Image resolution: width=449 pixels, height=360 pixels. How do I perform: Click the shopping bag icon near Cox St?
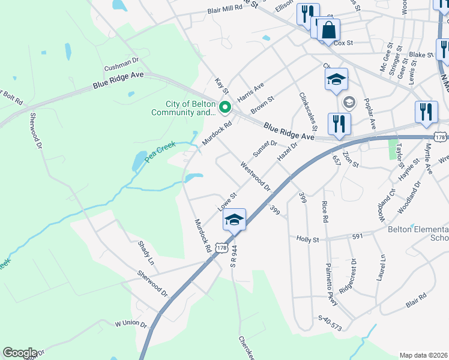pyautogui.click(x=328, y=30)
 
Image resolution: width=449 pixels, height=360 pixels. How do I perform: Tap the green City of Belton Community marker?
pyautogui.click(x=226, y=108)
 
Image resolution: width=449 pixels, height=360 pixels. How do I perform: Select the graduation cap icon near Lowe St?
pyautogui.click(x=235, y=220)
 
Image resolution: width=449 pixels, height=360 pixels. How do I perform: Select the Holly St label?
pyautogui.click(x=307, y=238)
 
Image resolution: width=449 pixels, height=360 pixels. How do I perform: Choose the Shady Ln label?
pyautogui.click(x=146, y=254)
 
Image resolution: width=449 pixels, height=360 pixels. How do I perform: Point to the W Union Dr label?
pyautogui.click(x=131, y=323)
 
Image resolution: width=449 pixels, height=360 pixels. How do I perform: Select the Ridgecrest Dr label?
pyautogui.click(x=348, y=275)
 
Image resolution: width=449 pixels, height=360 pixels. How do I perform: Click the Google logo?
pyautogui.click(x=19, y=353)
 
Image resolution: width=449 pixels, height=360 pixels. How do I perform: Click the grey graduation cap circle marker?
pyautogui.click(x=348, y=103)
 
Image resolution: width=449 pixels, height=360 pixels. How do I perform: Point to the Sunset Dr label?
pyautogui.click(x=265, y=147)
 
